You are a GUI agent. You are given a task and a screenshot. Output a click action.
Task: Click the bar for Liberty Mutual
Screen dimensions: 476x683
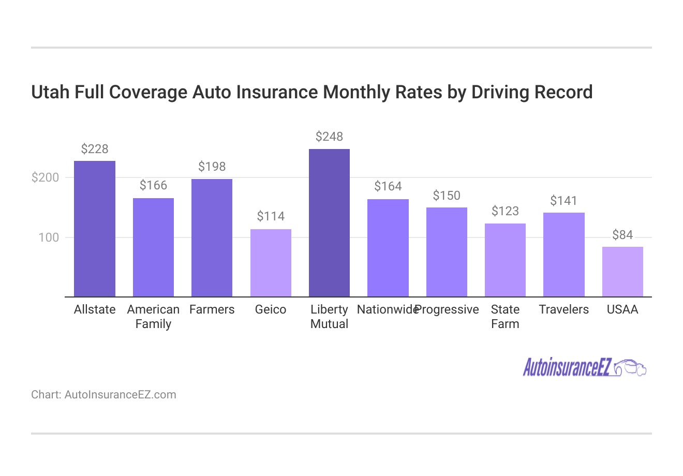[329, 222]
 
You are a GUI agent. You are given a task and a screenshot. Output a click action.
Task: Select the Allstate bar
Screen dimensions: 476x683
[95, 229]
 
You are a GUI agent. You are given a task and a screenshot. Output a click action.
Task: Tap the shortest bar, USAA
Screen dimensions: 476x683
[622, 272]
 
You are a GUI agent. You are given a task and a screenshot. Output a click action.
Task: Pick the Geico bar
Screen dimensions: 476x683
[271, 263]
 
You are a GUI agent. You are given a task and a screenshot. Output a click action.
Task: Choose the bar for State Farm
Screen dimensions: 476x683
[505, 260]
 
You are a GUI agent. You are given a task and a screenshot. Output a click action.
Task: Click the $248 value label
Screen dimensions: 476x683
[329, 137]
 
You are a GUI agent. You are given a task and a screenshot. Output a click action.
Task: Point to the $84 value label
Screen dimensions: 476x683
[622, 235]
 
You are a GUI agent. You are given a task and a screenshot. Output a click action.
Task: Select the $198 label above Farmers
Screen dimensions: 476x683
[212, 167]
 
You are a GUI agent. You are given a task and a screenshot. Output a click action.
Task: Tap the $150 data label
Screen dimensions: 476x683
[447, 196]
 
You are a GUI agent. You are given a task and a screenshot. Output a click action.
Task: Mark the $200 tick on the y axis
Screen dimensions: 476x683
[46, 177]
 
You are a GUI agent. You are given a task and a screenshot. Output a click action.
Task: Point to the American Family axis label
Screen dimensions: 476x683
[153, 317]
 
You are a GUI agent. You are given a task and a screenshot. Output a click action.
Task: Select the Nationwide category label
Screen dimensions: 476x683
[387, 309]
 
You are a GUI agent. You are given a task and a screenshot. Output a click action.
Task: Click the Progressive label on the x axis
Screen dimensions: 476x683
[448, 309]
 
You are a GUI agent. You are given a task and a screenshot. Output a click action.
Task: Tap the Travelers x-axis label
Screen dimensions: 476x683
[564, 309]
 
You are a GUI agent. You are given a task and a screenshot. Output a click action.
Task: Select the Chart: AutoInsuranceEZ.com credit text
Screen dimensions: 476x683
[103, 395]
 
